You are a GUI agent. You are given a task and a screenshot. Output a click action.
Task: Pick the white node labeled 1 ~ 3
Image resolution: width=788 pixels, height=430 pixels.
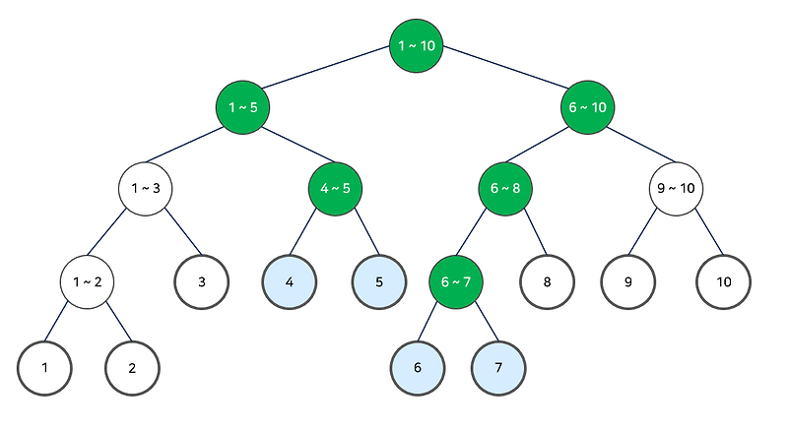click(x=146, y=187)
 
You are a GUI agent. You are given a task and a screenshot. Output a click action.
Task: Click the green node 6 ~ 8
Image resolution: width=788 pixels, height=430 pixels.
click(x=505, y=187)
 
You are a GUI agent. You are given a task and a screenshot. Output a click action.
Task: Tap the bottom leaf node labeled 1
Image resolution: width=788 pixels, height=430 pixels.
click(x=44, y=367)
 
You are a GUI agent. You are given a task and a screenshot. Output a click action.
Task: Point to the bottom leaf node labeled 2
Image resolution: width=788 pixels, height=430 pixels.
click(x=132, y=367)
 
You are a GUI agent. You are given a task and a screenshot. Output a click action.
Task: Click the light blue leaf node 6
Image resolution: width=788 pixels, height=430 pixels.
click(x=417, y=367)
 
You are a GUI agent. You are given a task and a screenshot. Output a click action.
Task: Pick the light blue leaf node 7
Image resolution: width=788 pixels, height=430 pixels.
click(x=499, y=367)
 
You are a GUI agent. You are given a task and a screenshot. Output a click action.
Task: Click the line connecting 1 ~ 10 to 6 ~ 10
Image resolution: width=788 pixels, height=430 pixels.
click(x=502, y=75)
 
